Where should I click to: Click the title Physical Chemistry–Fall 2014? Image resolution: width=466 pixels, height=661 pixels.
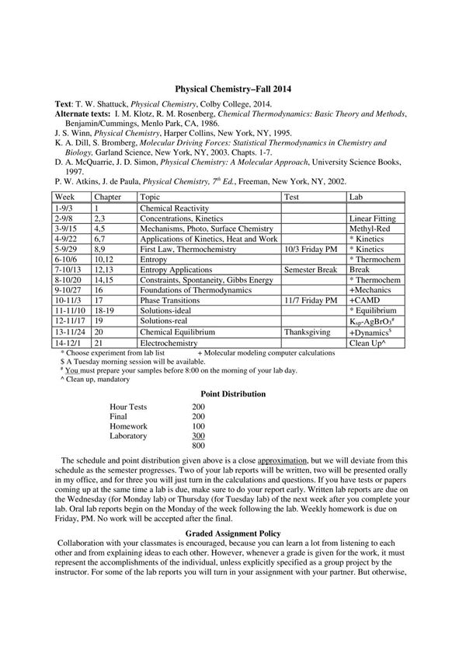pos(233,90)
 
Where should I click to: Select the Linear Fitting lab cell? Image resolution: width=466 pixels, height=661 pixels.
pos(372,220)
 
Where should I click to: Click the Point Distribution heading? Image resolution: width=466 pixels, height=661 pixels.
pos(233,394)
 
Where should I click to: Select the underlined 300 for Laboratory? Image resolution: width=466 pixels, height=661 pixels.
pos(198,436)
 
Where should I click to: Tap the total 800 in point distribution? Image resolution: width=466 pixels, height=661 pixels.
pos(198,446)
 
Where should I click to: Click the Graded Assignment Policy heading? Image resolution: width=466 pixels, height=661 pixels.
pos(233,533)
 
